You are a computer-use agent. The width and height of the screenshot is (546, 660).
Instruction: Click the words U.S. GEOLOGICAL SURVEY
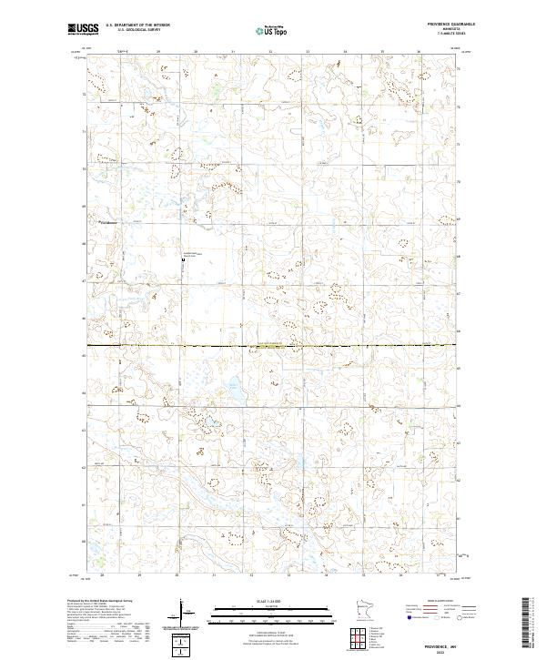[126, 30]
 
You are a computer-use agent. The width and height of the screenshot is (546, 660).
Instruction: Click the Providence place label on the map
[109, 222]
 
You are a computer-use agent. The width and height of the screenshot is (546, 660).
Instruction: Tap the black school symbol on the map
[184, 259]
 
